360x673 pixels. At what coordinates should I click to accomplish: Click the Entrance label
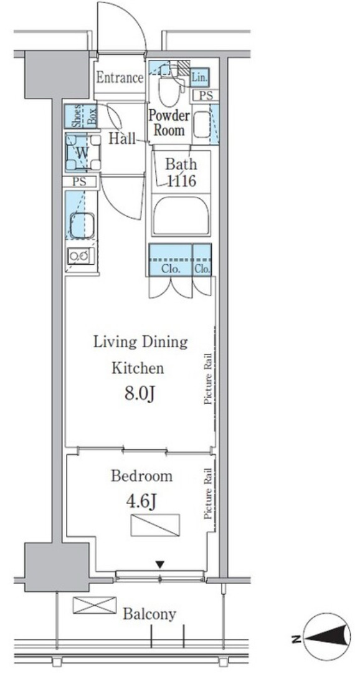point(120,78)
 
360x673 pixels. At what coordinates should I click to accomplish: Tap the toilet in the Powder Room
point(169,85)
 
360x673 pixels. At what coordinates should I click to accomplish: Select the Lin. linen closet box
point(199,78)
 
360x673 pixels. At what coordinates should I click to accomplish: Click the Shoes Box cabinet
point(81,117)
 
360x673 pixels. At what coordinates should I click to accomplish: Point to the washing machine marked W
point(83,152)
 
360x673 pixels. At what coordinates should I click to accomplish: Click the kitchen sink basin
point(82,225)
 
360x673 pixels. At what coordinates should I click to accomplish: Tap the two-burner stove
point(81,256)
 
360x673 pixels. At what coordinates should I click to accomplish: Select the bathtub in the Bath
point(181,215)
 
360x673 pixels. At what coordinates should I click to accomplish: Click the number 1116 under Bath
point(181,181)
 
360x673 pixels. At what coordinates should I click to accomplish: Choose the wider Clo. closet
point(170,260)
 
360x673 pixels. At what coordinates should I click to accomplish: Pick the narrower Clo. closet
point(202,260)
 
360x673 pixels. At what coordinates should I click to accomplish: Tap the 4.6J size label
point(140,500)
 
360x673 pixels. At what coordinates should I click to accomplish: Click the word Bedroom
point(142,476)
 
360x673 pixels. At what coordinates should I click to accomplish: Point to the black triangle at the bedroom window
point(159,565)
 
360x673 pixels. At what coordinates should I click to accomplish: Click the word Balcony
point(149,614)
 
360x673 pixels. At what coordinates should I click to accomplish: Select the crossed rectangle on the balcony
point(95,604)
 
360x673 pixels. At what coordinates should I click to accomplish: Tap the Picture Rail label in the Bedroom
point(209,494)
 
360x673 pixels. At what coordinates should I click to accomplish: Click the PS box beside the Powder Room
point(206,96)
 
